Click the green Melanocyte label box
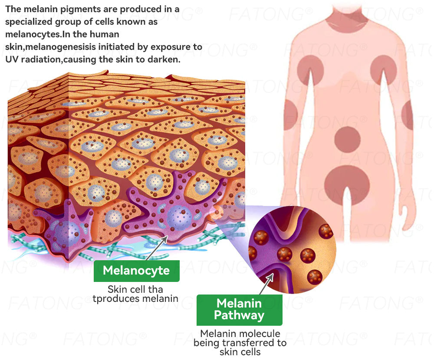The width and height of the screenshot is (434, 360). (x=136, y=271)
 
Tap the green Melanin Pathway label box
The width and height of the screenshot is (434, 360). (x=239, y=310)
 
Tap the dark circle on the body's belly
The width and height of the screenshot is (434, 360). (x=347, y=140)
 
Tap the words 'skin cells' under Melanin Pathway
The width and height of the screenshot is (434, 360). (x=240, y=351)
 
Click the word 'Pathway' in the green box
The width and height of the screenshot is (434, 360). (x=239, y=316)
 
